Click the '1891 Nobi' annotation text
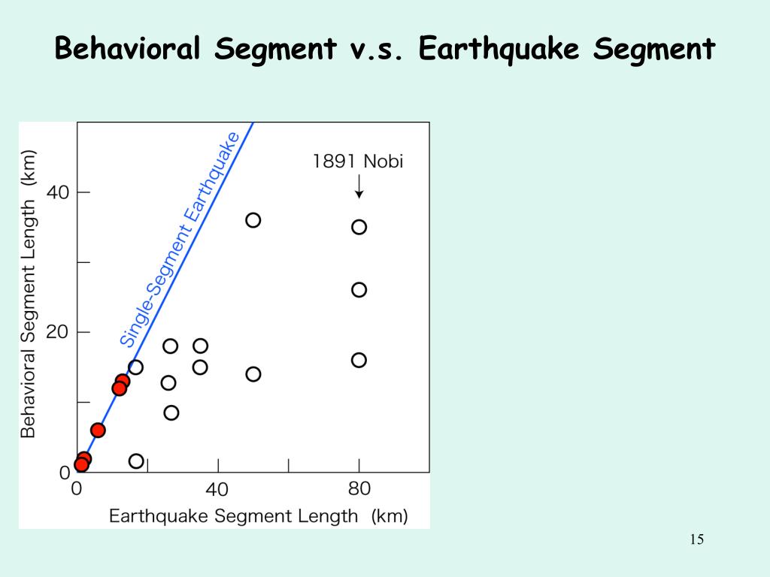(358, 162)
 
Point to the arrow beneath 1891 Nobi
(359, 186)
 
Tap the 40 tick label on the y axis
(57, 192)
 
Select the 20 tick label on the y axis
(57, 332)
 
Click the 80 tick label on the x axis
(359, 489)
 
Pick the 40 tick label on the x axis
(217, 490)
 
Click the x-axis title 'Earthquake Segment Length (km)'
(258, 516)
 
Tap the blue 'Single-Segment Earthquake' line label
(180, 239)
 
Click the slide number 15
(696, 539)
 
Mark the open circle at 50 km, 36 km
(253, 220)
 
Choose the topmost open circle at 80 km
(359, 227)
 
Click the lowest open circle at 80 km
(359, 360)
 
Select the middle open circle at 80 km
(359, 290)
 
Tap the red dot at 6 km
(98, 430)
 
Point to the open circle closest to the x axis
(136, 461)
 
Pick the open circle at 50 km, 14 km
(253, 374)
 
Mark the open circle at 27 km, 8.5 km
(171, 412)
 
